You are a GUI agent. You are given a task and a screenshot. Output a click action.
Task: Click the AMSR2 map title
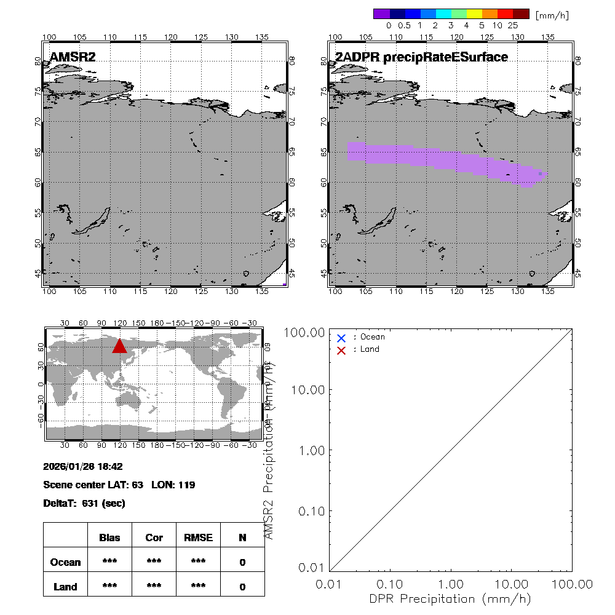(x=73, y=57)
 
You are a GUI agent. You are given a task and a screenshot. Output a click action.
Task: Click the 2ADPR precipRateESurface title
(x=421, y=57)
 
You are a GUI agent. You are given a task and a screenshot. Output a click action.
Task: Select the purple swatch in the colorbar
(x=381, y=14)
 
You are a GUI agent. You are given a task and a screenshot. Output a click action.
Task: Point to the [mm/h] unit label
(x=552, y=15)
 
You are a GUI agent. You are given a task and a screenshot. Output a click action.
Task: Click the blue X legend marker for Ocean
(x=341, y=338)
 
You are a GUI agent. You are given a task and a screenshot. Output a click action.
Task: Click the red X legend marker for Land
(x=341, y=350)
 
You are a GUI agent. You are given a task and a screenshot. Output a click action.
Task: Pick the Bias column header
(x=109, y=538)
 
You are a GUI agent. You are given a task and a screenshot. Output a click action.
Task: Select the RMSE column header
(x=198, y=538)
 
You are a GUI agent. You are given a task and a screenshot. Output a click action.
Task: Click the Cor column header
(x=154, y=538)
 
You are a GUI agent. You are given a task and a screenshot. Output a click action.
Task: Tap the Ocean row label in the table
(x=65, y=562)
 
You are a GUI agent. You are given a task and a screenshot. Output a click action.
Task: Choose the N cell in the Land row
(x=242, y=587)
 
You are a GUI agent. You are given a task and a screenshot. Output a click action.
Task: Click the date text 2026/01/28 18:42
(x=83, y=467)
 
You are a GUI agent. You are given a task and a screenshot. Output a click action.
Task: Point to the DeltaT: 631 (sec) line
(x=84, y=503)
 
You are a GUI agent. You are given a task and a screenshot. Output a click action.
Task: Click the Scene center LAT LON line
(x=119, y=485)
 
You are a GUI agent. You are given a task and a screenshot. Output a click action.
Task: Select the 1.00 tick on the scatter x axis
(x=451, y=584)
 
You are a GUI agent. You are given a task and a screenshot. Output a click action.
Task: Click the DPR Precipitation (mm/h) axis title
(x=450, y=598)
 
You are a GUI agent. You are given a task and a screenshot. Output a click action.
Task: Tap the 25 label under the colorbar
(x=513, y=26)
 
